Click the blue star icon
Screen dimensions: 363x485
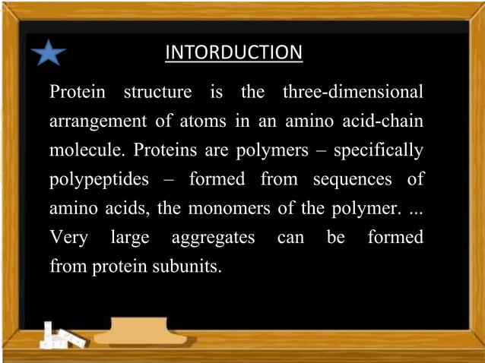coord(50,52)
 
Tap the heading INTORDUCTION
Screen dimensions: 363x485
coord(234,52)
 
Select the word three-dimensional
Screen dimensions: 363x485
coord(352,93)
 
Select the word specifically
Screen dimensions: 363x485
coord(378,150)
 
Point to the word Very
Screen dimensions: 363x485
coord(67,238)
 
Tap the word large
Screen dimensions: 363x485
coord(130,238)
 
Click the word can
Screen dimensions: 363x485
coord(290,238)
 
